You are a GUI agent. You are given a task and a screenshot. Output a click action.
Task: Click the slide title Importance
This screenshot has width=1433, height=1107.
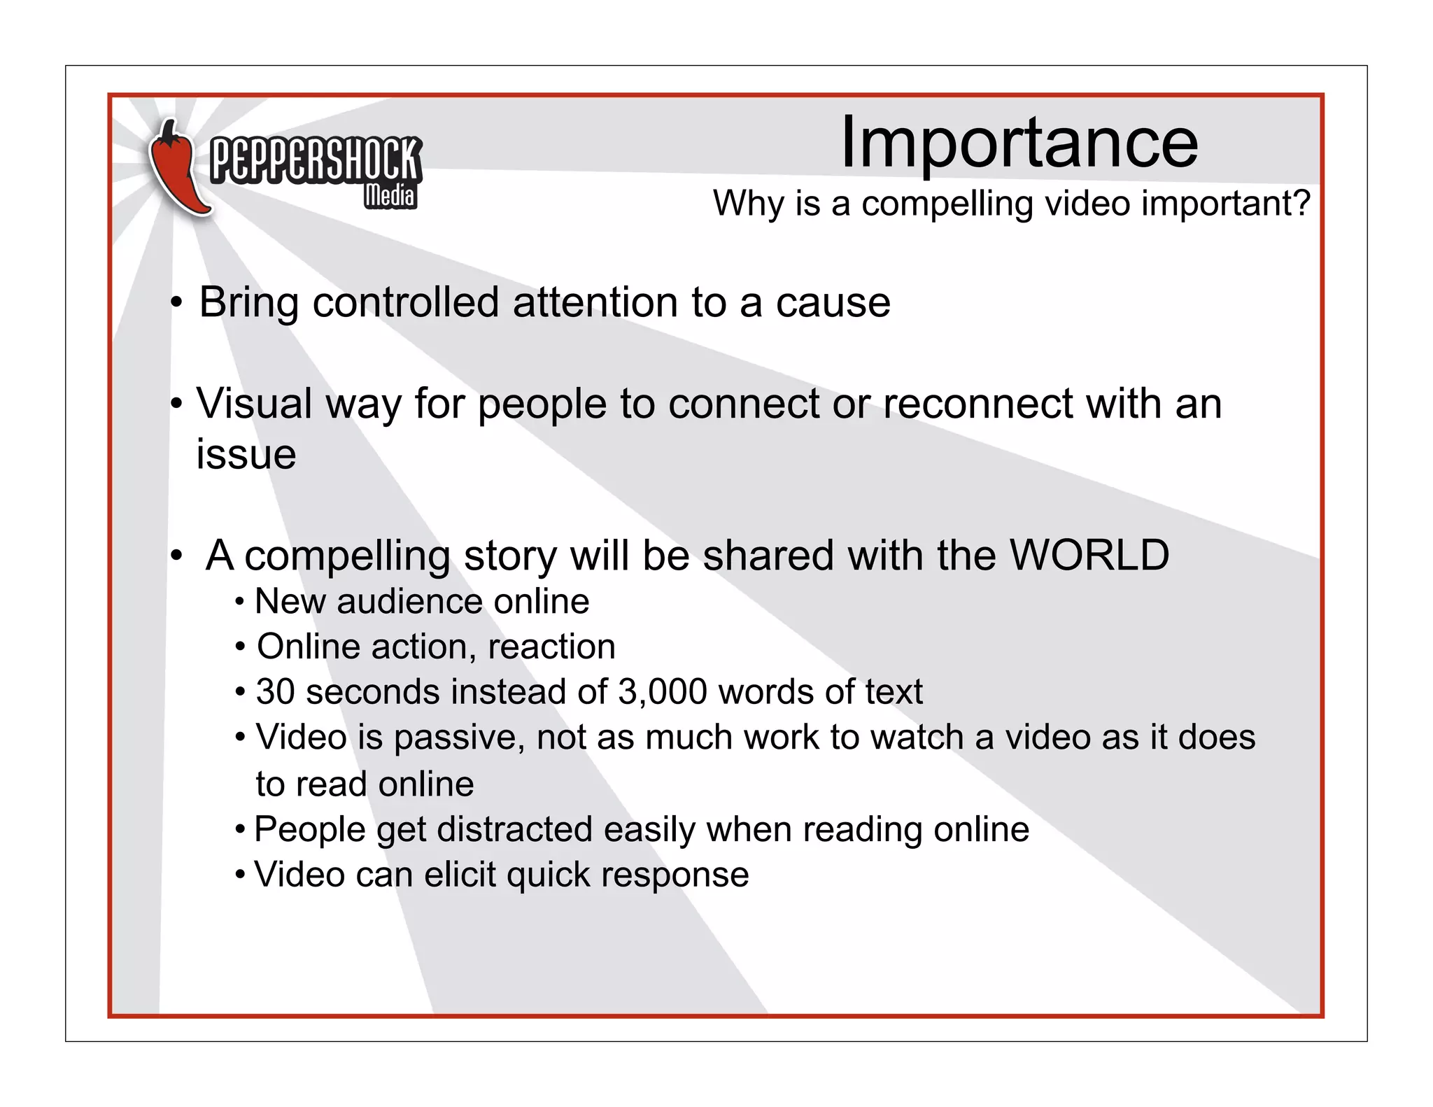(1019, 143)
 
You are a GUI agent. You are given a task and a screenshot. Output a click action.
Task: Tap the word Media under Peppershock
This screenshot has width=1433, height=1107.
(390, 196)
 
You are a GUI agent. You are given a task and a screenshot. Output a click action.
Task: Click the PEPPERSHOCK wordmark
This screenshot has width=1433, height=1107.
(315, 160)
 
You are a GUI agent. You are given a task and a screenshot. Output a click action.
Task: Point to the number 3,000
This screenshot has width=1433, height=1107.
(663, 692)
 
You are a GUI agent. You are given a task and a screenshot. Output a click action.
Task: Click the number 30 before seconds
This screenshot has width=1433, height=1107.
(275, 692)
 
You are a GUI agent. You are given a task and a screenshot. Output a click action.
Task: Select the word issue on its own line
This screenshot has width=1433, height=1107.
(246, 455)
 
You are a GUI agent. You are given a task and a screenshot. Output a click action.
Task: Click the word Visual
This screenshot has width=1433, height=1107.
(254, 404)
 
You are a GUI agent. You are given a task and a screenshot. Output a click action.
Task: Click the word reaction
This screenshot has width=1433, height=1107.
(551, 647)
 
